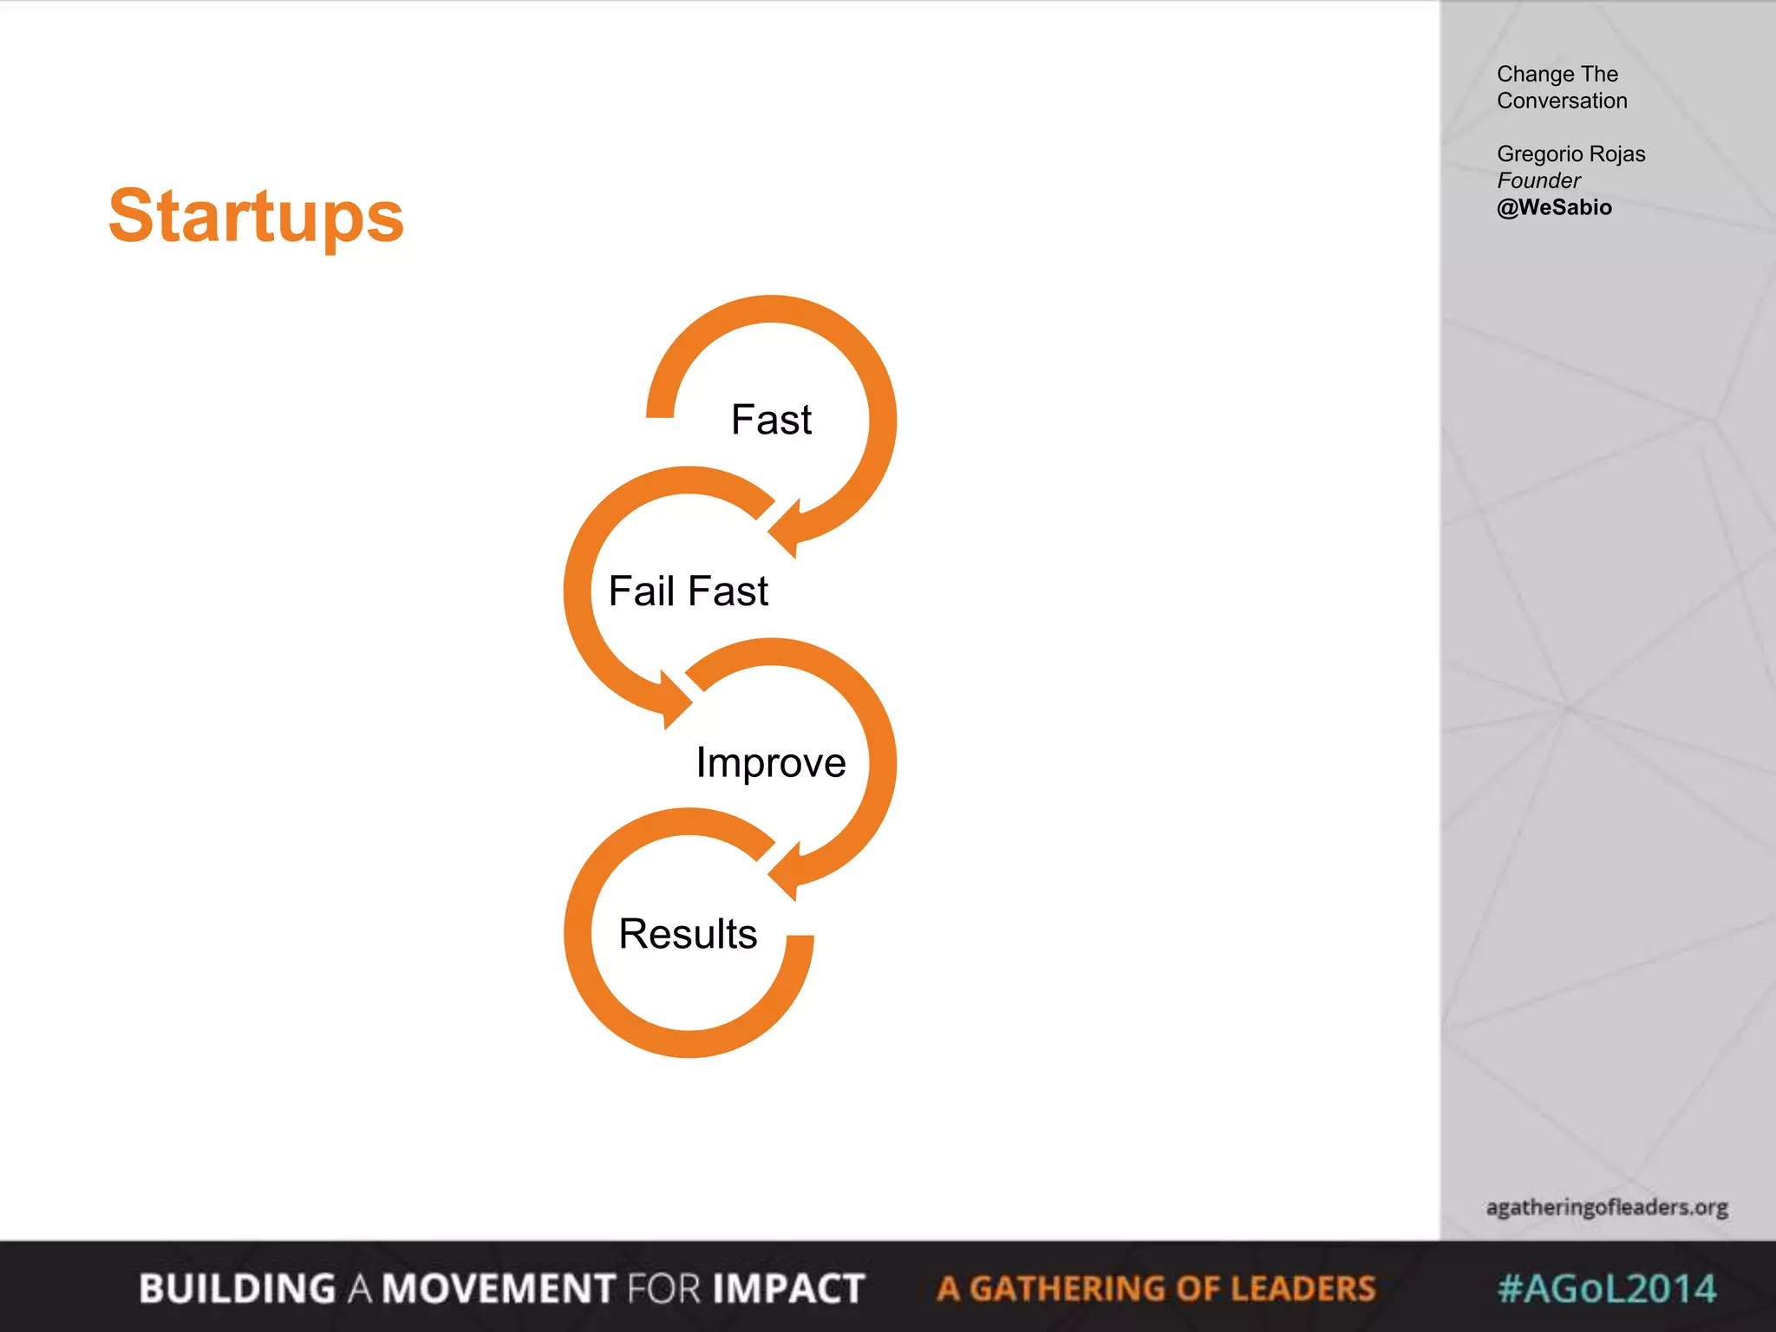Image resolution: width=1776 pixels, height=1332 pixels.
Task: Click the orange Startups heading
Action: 256,217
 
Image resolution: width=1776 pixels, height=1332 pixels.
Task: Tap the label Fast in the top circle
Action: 771,421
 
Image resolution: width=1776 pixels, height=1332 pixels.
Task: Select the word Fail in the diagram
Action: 641,591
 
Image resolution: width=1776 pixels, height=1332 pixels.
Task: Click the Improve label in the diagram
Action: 771,763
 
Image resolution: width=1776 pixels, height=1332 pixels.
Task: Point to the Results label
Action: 688,935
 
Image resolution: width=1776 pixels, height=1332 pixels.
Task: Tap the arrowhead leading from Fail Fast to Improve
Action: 675,699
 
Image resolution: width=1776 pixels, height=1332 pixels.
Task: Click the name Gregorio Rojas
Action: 1570,154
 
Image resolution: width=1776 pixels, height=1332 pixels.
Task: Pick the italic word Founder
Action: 1538,181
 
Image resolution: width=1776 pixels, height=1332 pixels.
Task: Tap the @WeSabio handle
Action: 1554,208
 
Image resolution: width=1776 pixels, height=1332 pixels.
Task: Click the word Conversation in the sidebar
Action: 1562,101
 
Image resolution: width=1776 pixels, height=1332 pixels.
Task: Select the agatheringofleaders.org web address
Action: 1607,1207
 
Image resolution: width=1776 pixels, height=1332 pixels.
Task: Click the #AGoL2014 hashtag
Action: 1607,1289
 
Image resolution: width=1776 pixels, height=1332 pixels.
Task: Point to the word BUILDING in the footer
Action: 237,1289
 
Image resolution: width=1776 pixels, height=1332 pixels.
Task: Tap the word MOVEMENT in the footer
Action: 499,1289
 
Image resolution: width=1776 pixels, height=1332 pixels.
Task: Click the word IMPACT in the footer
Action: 788,1289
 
